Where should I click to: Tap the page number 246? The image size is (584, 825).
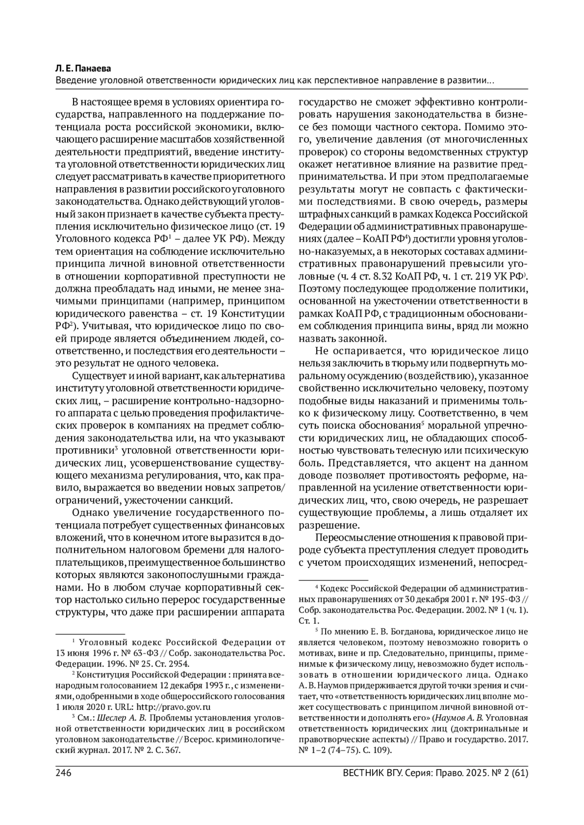[x=64, y=772]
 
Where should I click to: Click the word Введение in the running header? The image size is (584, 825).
[x=76, y=80]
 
